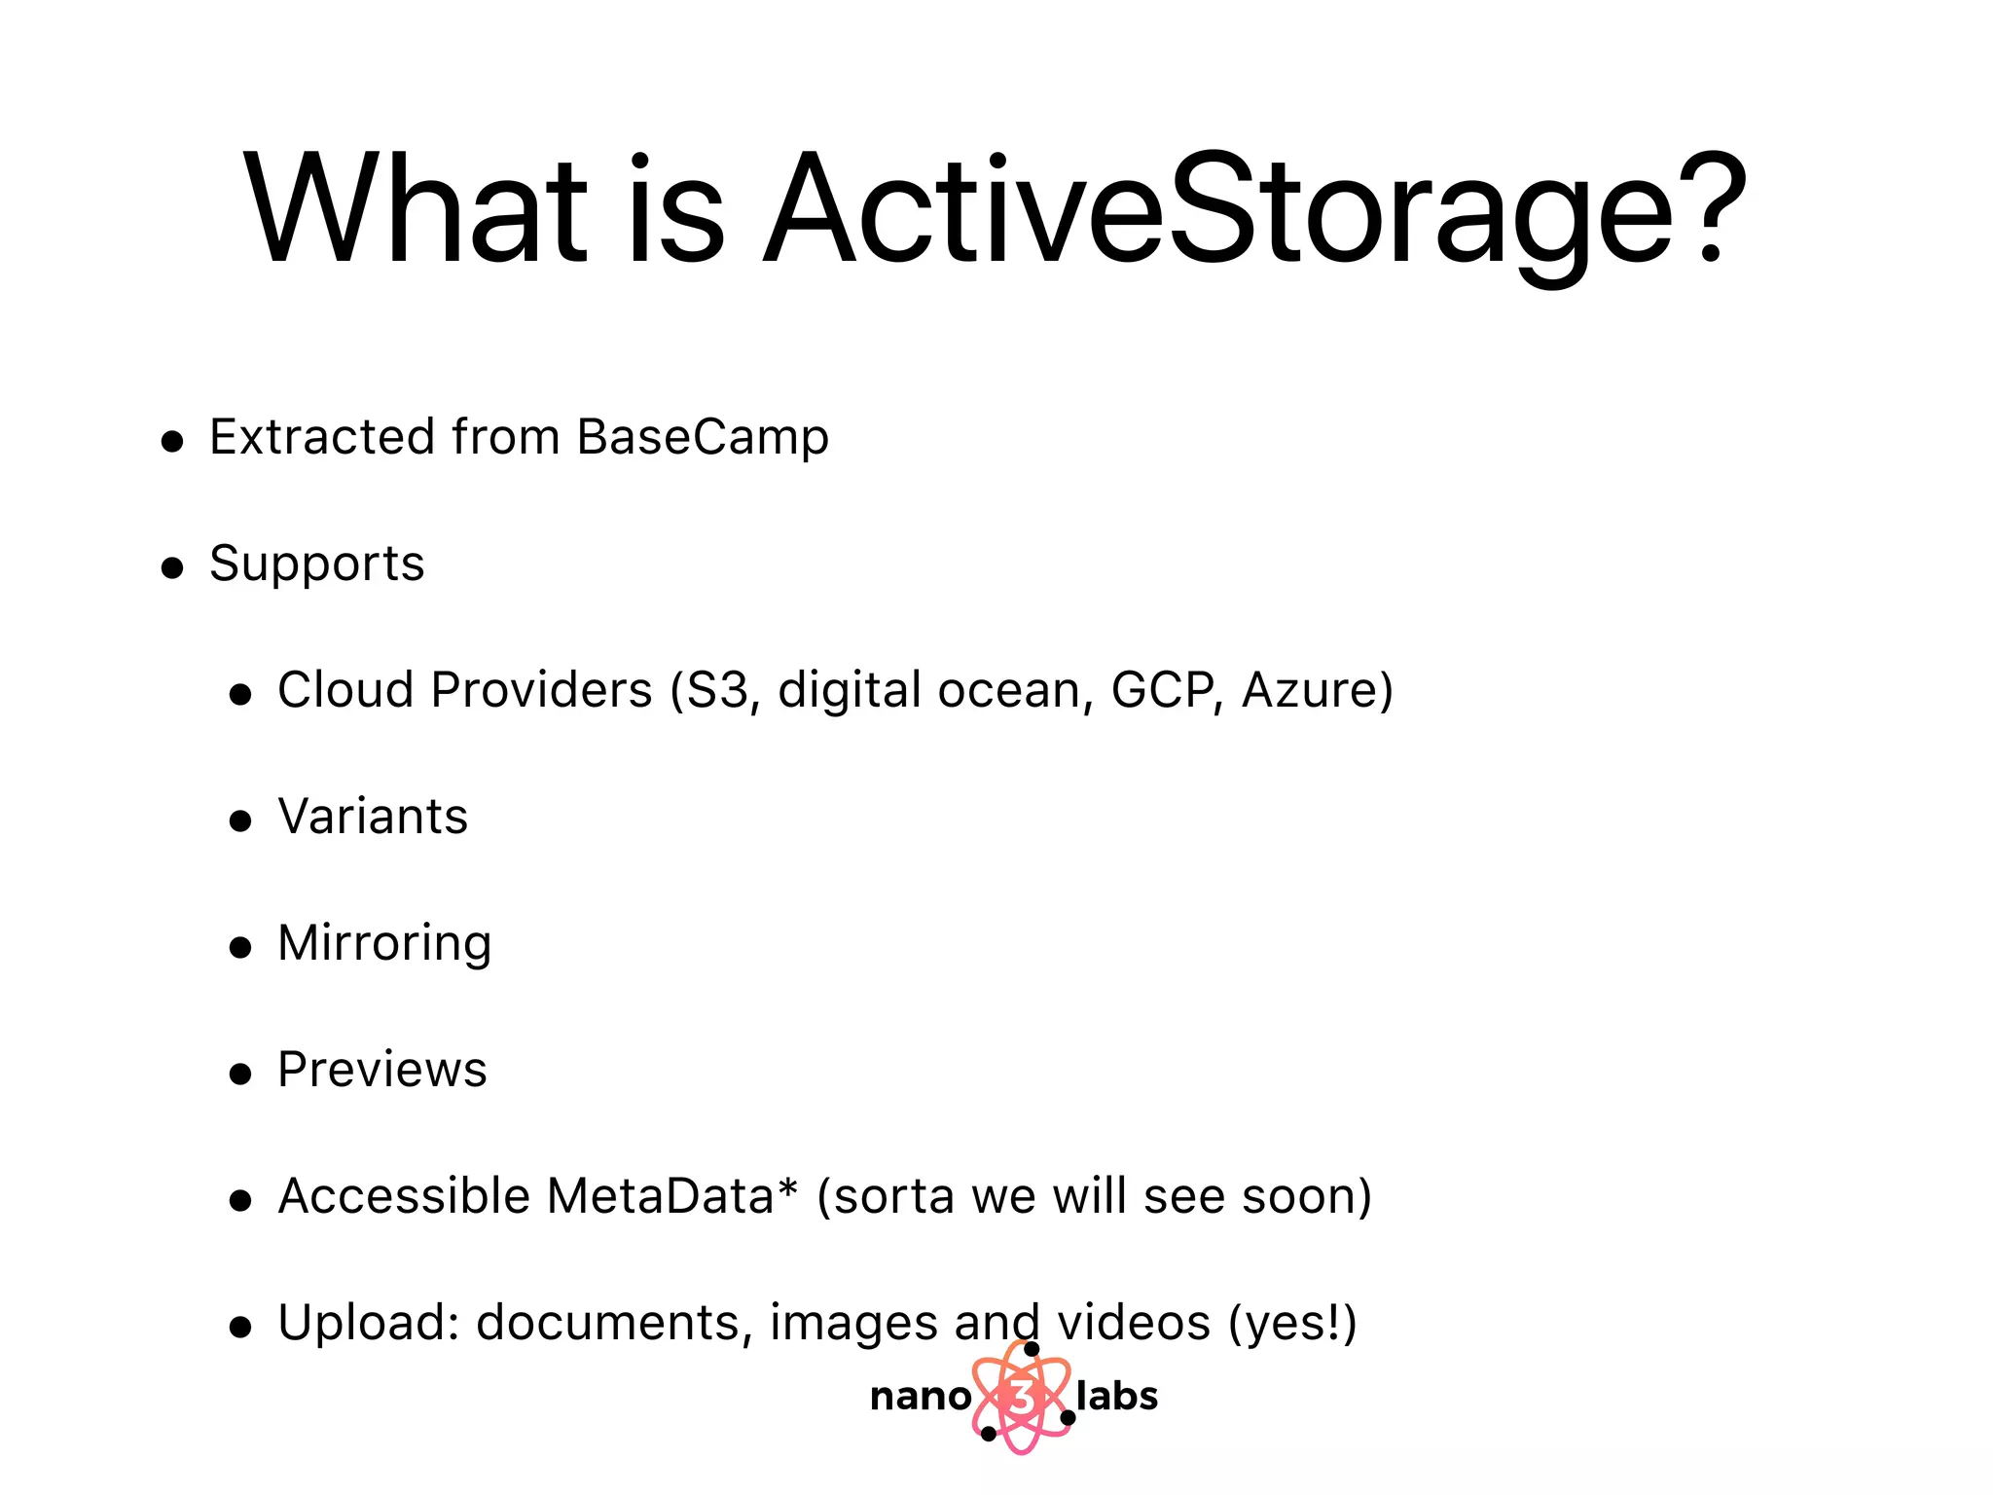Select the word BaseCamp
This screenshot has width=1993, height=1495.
(x=703, y=437)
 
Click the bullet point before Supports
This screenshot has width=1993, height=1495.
(x=172, y=567)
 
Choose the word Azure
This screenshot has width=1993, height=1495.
(x=1317, y=690)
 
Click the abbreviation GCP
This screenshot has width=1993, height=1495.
(x=1163, y=690)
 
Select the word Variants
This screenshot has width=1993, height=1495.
(x=373, y=817)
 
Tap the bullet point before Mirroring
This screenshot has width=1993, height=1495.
(x=240, y=947)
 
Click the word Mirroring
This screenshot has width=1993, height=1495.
(x=384, y=944)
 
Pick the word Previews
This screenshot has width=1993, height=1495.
(x=381, y=1070)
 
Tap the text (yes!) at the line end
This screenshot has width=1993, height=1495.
(x=1292, y=1323)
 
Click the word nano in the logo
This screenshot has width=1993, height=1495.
(x=920, y=1397)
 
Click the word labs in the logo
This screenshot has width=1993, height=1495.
(x=1117, y=1397)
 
